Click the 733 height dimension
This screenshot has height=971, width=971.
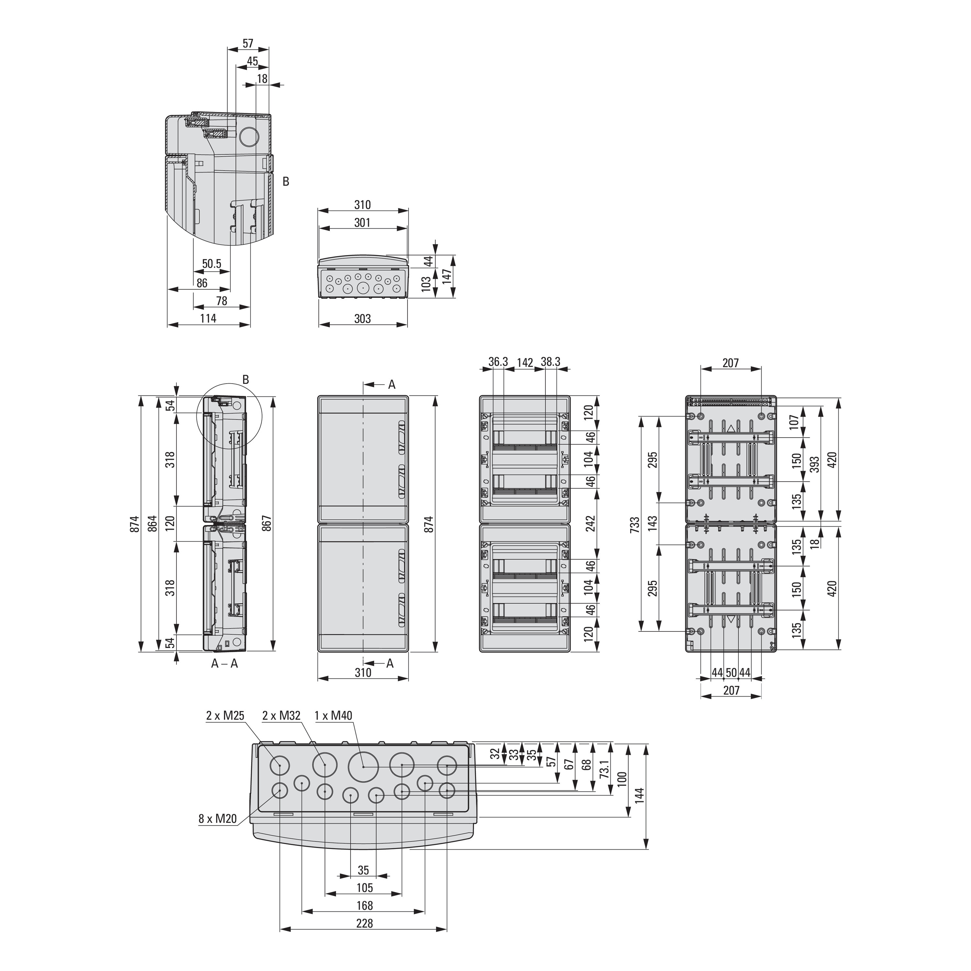coord(635,524)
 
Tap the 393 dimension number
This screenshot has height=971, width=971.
coord(815,464)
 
